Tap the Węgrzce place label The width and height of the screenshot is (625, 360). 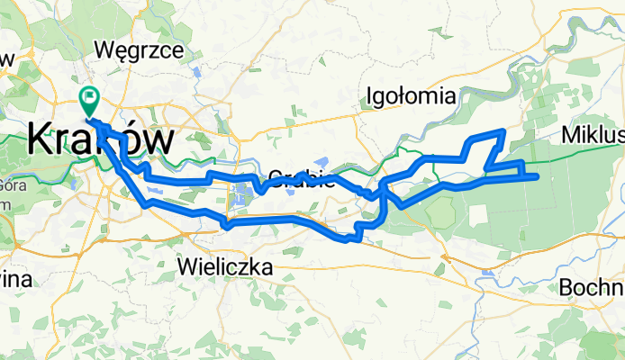point(144,49)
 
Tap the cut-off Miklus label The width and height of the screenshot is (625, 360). point(592,135)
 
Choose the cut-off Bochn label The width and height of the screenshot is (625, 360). point(591,288)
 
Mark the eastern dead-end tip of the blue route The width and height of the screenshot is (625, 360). point(538,175)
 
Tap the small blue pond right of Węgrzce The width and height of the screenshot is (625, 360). point(195,71)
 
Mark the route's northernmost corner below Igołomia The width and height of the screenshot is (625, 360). point(503,132)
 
